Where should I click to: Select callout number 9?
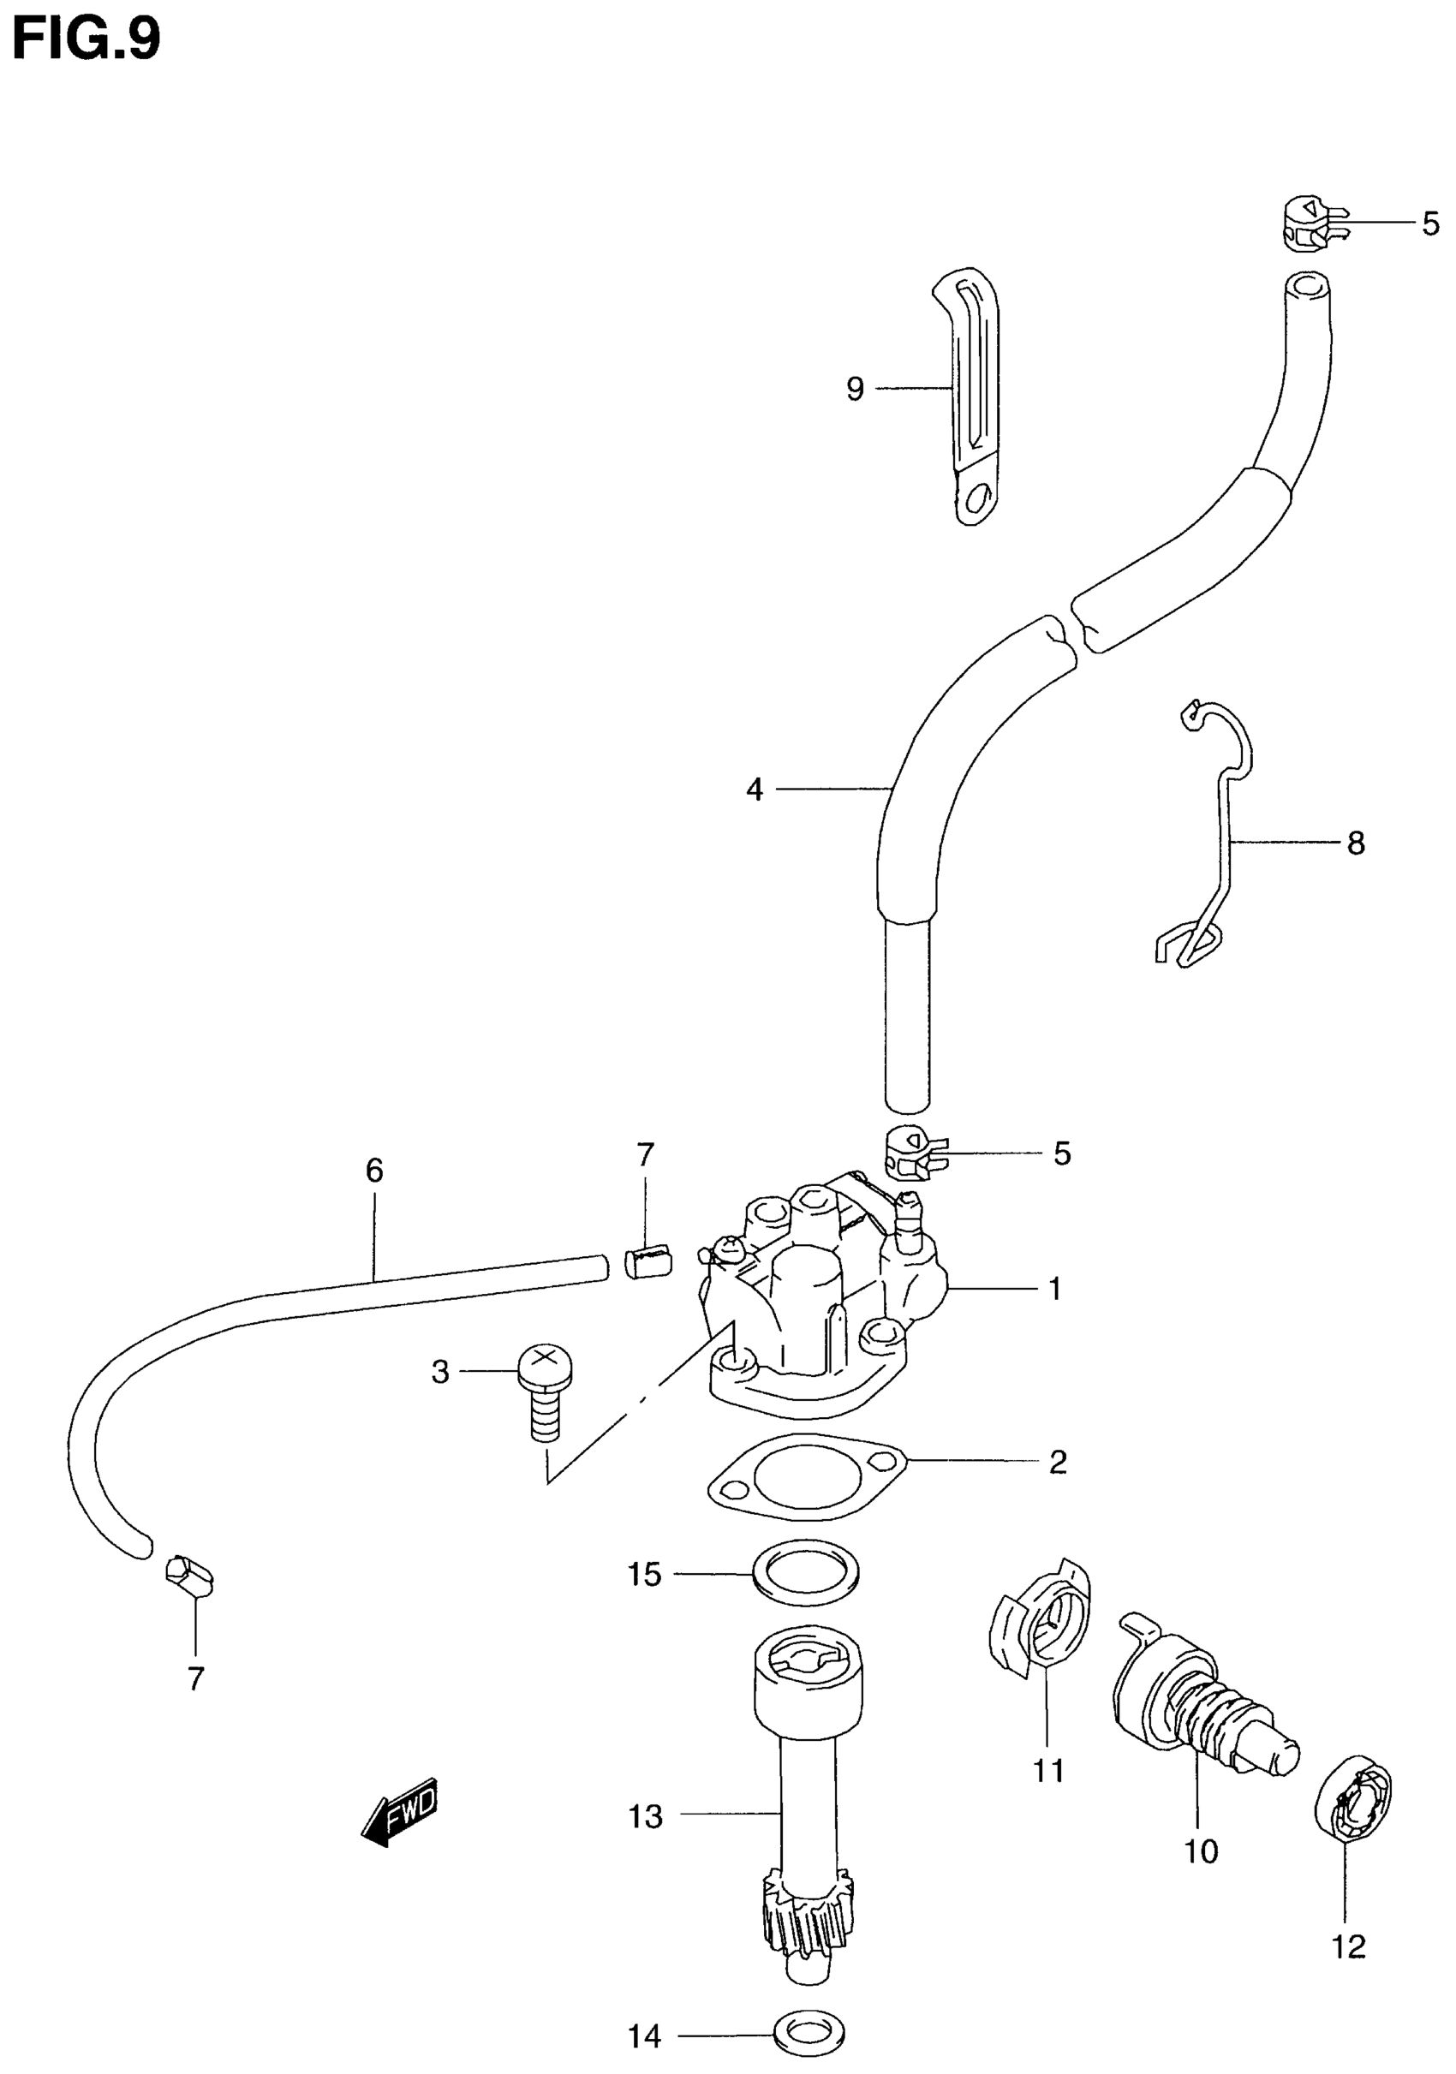(x=855, y=390)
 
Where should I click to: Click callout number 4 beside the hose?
(x=755, y=790)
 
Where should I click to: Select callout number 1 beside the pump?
(x=1055, y=1289)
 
